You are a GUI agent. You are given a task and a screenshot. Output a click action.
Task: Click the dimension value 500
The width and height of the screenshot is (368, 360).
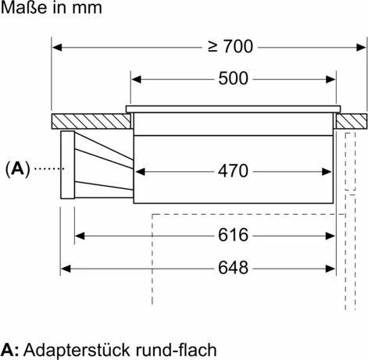[233, 79]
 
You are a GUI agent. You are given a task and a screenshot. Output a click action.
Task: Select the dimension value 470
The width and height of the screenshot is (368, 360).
[233, 169]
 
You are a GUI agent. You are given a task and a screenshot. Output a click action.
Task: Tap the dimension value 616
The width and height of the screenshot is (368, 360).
[233, 235]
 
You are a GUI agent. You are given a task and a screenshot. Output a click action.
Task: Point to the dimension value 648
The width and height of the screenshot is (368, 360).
[233, 268]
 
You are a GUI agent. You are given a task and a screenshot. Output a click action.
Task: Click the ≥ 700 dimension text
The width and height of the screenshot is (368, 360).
[230, 46]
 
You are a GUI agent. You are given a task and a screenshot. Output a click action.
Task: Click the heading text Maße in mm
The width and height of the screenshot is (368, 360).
[51, 9]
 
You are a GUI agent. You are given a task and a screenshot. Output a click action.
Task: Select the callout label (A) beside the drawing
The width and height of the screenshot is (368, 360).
[17, 168]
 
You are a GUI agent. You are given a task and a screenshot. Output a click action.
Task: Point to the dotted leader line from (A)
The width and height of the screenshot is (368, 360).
[46, 168]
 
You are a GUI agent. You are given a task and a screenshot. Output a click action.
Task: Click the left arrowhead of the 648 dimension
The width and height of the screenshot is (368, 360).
[66, 268]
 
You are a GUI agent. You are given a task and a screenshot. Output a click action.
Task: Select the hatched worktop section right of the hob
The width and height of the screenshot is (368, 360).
[352, 122]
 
